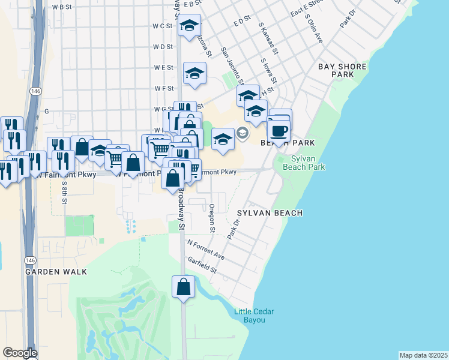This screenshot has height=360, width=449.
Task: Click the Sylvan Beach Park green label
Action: [x=307, y=163]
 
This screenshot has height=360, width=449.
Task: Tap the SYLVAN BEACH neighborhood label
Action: [x=269, y=213]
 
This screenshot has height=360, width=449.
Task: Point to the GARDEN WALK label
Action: [x=56, y=272]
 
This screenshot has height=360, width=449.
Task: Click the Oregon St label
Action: [x=212, y=218]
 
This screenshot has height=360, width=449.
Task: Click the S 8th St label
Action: [x=64, y=191]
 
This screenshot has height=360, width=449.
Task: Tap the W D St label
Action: [x=163, y=46]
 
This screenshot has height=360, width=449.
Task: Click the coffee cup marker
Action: [x=278, y=130]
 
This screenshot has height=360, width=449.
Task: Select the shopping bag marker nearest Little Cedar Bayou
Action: [x=183, y=286]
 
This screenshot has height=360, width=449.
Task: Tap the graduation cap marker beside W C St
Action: [x=189, y=26]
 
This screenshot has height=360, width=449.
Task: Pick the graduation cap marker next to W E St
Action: [x=194, y=73]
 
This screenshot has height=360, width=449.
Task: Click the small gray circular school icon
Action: [x=243, y=133]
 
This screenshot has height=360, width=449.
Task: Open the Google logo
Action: [x=20, y=353]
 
